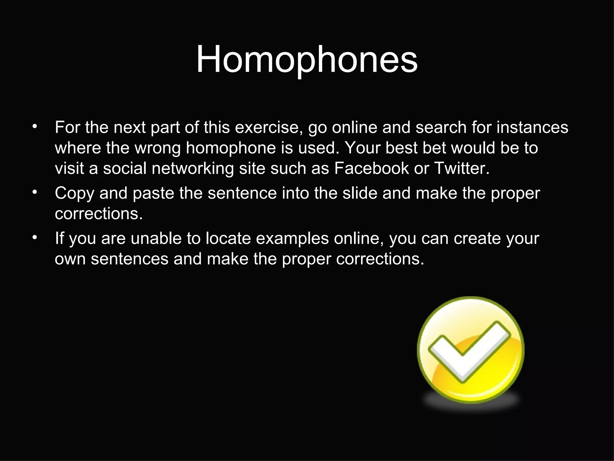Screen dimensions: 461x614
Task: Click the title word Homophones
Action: click(307, 59)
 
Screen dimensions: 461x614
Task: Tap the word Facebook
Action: click(371, 168)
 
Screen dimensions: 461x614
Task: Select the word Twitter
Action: click(461, 168)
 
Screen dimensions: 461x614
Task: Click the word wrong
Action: click(158, 148)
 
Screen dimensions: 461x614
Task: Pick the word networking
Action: click(192, 169)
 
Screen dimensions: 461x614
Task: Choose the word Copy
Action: click(75, 194)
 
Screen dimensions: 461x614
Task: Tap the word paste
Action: click(153, 194)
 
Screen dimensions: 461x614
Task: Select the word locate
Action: click(228, 239)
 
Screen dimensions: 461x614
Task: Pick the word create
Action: click(477, 239)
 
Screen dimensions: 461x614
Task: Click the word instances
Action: click(532, 128)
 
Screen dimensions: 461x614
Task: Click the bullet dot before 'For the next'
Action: click(35, 126)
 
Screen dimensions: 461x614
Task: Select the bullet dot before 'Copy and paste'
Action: click(35, 192)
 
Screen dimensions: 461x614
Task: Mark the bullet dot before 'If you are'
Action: click(35, 238)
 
